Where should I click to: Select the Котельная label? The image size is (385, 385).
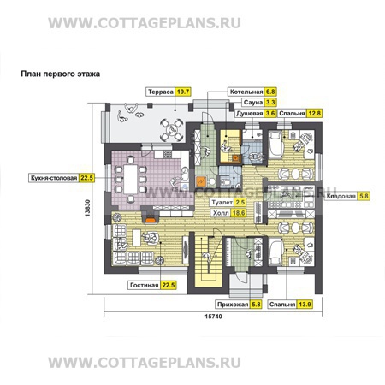[247, 89]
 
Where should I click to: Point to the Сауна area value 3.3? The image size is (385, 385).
[272, 101]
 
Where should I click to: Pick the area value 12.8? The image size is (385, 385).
[315, 113]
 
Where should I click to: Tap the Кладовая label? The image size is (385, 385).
[342, 197]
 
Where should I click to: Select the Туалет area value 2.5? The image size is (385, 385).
[241, 202]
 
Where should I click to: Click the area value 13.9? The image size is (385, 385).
[316, 304]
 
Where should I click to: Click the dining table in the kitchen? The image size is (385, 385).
[136, 178]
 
